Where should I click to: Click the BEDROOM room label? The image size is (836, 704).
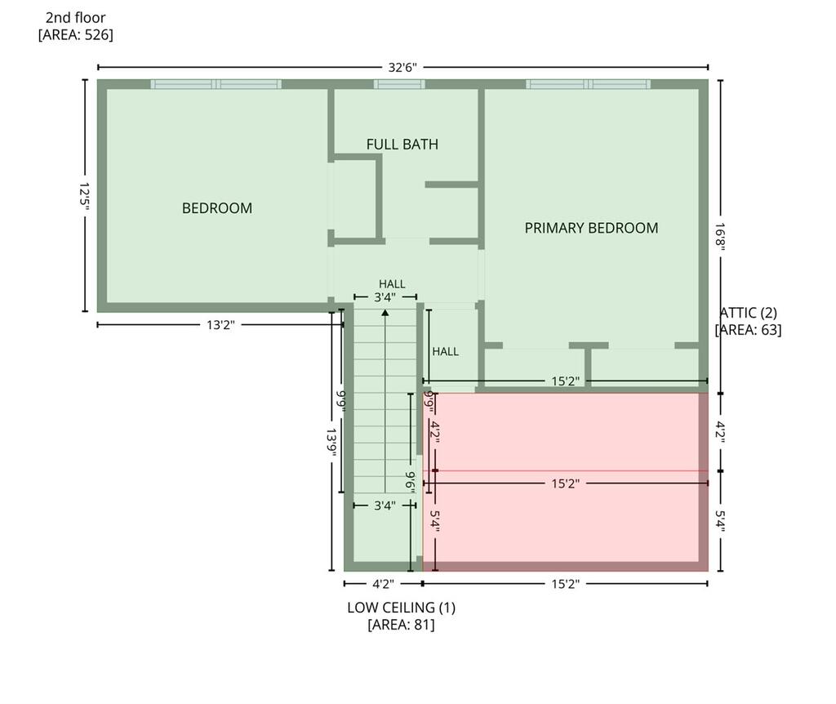pyautogui.click(x=217, y=208)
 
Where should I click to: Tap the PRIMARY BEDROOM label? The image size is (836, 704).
pyautogui.click(x=591, y=228)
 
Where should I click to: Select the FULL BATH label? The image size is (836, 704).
pyautogui.click(x=402, y=144)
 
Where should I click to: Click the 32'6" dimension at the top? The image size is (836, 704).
pyautogui.click(x=402, y=67)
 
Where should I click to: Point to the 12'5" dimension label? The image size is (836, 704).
pyautogui.click(x=85, y=196)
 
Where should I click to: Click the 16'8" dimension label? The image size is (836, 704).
pyautogui.click(x=720, y=237)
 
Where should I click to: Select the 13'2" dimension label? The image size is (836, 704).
pyautogui.click(x=220, y=324)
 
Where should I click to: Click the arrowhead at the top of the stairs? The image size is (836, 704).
pyautogui.click(x=385, y=311)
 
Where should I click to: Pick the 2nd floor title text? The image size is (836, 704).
pyautogui.click(x=76, y=18)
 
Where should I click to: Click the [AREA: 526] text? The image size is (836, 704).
pyautogui.click(x=76, y=35)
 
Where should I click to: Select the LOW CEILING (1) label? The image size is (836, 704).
pyautogui.click(x=401, y=608)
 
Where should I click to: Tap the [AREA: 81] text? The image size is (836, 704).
pyautogui.click(x=401, y=625)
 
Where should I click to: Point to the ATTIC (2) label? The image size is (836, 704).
pyautogui.click(x=749, y=313)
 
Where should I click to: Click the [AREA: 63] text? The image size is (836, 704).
pyautogui.click(x=748, y=330)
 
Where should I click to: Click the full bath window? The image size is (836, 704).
pyautogui.click(x=399, y=84)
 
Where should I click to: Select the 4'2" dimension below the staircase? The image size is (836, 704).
pyautogui.click(x=383, y=584)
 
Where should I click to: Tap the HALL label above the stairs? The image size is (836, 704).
pyautogui.click(x=392, y=283)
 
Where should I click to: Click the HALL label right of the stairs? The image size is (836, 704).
pyautogui.click(x=445, y=351)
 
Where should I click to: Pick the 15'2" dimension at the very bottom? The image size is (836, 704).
pyautogui.click(x=565, y=584)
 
